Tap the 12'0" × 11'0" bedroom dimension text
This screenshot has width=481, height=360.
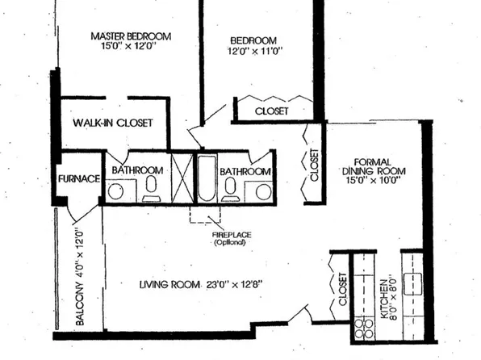pos(253,53)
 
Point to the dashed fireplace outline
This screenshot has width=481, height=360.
pos(206,214)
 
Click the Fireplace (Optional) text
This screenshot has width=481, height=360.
pos(231,239)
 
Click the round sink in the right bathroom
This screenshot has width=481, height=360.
pos(262,191)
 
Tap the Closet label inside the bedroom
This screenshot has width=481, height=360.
pos(271,111)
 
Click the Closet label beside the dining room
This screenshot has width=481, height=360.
pos(315,164)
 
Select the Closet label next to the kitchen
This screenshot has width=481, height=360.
pos(343,288)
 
